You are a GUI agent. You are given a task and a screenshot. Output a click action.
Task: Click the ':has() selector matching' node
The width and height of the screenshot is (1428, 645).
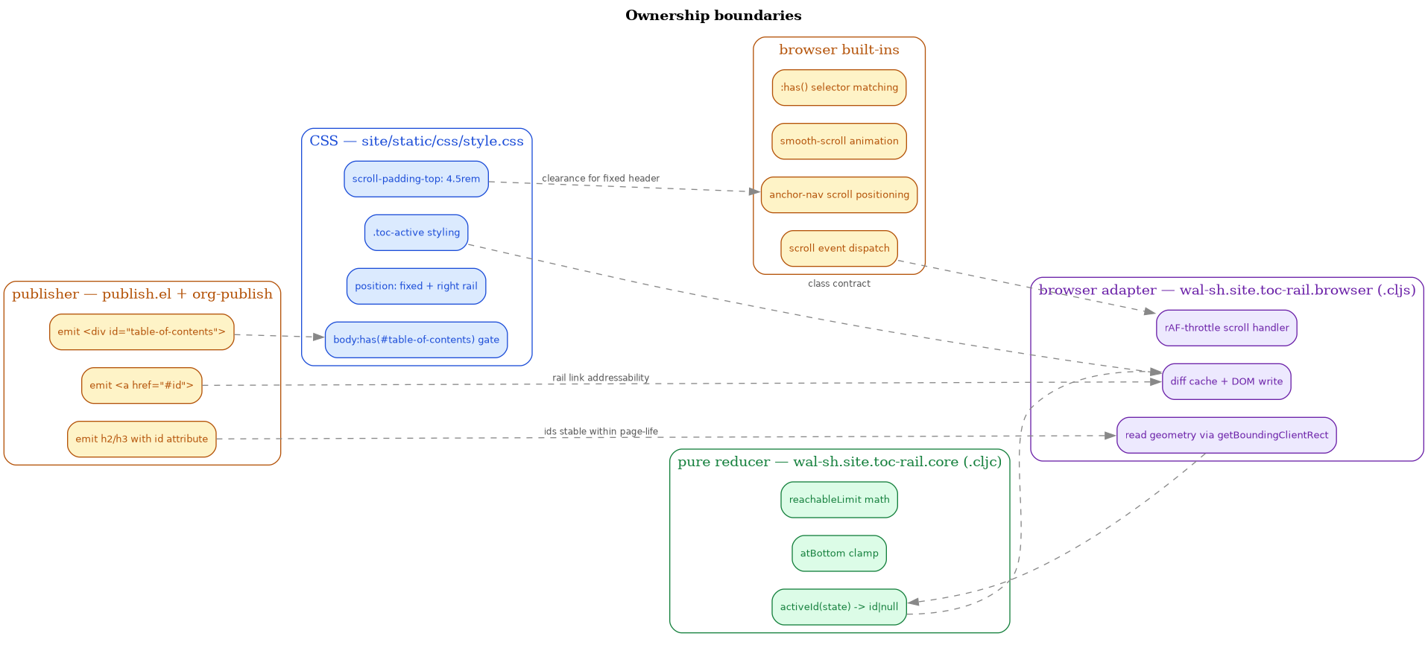tap(839, 88)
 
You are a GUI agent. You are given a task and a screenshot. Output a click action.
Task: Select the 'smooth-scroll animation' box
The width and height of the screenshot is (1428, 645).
tap(839, 142)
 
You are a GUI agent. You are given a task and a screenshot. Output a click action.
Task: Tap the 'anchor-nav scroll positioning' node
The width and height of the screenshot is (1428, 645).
tap(839, 195)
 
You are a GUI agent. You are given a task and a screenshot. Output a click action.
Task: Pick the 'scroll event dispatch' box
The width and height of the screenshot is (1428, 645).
tap(839, 249)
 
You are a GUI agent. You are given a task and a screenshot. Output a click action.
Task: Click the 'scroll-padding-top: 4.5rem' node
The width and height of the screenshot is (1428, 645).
tap(416, 179)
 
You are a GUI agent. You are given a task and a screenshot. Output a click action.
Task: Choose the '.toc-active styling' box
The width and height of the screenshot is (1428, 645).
tap(416, 233)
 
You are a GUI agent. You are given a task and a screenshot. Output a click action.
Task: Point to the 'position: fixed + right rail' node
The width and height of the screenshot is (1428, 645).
tap(416, 287)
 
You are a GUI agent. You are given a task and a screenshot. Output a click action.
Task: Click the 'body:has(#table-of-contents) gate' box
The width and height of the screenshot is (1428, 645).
tap(416, 340)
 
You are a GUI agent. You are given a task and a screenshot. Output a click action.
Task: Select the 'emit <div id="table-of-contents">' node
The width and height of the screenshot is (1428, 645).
tap(142, 332)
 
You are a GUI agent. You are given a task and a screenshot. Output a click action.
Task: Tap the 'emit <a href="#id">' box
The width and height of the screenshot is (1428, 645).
tap(142, 386)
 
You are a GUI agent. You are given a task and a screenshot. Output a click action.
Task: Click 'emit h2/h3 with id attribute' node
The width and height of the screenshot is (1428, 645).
tap(142, 439)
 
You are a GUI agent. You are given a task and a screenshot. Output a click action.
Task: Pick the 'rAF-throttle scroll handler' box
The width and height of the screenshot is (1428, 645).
tap(1227, 328)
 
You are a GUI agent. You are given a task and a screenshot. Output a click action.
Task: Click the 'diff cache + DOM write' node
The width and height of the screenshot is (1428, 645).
tap(1227, 382)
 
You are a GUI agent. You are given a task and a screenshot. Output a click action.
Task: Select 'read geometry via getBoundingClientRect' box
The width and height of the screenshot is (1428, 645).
tap(1227, 436)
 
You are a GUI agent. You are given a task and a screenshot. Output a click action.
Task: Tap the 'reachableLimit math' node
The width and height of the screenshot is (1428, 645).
tap(839, 500)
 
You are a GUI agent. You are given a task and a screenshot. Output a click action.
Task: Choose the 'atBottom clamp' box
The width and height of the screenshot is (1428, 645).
tap(839, 553)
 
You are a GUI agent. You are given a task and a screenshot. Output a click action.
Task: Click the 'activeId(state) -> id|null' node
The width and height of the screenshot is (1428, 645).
tap(839, 607)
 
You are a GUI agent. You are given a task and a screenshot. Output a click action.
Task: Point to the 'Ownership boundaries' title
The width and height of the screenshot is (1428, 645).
tap(713, 16)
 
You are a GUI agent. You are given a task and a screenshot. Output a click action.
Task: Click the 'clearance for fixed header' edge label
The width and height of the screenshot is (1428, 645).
tap(601, 179)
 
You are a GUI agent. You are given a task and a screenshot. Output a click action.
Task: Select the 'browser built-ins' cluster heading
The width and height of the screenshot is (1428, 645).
tap(839, 50)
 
